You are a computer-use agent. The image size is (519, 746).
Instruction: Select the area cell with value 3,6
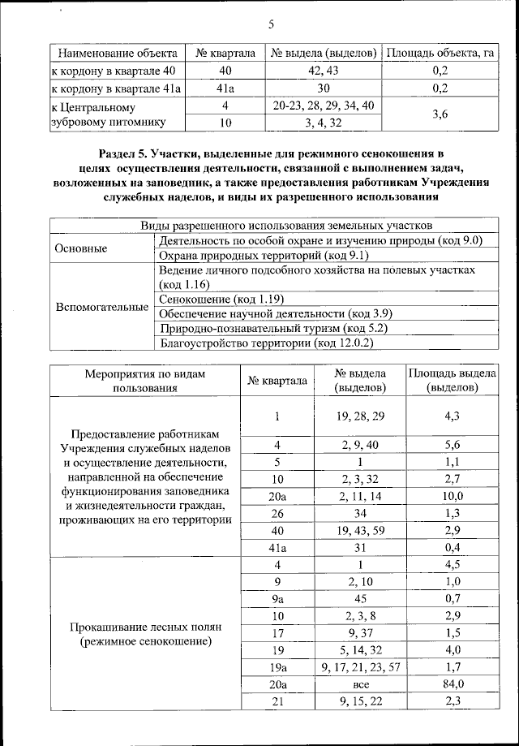pos(440,114)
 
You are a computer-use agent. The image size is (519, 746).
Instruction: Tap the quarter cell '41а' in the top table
pos(226,88)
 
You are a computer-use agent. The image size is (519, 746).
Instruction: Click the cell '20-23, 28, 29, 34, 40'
pos(324,106)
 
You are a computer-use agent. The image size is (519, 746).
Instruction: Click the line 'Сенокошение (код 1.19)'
pos(221,299)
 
